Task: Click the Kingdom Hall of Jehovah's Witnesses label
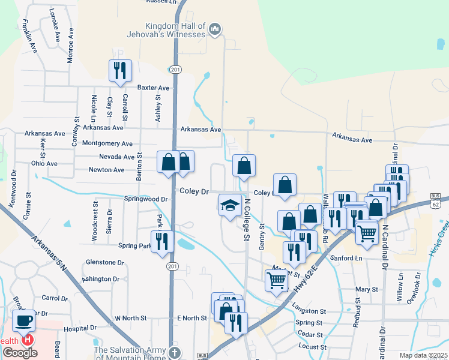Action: point(175,29)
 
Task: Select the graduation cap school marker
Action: point(229,205)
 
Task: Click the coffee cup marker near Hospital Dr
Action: point(24,320)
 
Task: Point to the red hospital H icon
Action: point(27,340)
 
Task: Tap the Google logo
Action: point(20,352)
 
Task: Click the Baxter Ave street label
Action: point(154,87)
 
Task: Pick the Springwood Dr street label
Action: point(145,199)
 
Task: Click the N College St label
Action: point(246,218)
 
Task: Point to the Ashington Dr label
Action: point(101,278)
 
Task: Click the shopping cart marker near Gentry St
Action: point(276,279)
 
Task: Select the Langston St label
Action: point(309,311)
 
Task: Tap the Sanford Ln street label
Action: point(347,257)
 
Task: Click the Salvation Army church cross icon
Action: point(174,352)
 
